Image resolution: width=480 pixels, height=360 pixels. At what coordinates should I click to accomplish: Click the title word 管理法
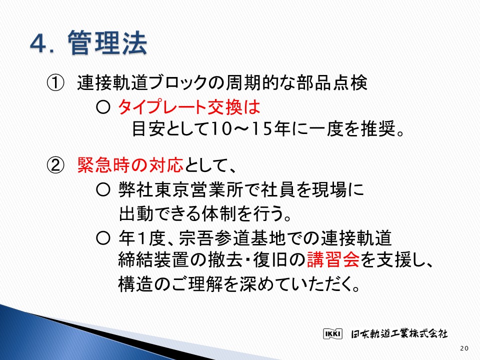coord(107,43)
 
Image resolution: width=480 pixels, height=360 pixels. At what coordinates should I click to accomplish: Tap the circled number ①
coord(55,83)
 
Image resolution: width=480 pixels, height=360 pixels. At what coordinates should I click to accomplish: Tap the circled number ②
coord(55,165)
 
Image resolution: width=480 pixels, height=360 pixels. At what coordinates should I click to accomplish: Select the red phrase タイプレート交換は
coord(189,107)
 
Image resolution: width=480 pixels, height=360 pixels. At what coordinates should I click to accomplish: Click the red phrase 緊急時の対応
coord(130,165)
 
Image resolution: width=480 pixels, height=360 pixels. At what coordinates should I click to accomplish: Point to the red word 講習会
coord(333,259)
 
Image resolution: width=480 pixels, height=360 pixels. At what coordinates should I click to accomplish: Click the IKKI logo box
coord(333,333)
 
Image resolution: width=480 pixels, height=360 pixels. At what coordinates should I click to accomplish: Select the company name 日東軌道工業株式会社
coord(399,333)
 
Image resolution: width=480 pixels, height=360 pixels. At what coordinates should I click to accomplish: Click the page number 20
coord(464,348)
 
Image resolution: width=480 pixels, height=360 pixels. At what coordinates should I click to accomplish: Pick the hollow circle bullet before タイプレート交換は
coord(103,107)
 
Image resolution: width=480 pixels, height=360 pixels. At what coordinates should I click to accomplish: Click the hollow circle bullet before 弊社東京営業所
coord(103,190)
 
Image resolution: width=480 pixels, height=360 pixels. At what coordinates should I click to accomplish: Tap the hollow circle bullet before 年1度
coord(103,238)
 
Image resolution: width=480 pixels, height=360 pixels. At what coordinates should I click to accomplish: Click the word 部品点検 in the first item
coord(332,83)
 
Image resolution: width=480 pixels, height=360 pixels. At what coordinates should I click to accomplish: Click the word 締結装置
coord(153,259)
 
